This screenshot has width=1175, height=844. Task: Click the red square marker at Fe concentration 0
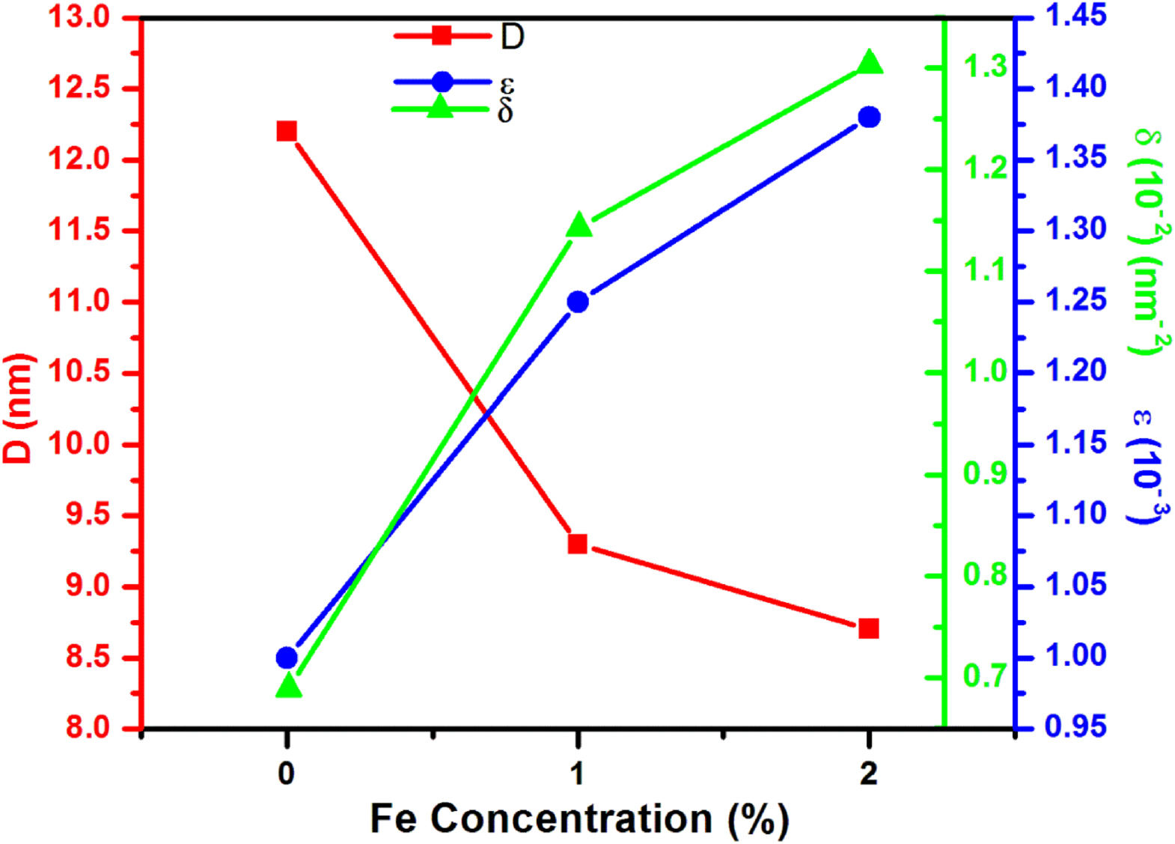click(287, 132)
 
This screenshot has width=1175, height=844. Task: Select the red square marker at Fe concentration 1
click(577, 543)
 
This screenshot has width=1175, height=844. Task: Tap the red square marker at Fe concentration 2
click(868, 628)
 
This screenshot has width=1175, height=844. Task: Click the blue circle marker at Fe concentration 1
click(577, 302)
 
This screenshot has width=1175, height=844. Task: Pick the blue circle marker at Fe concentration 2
click(869, 117)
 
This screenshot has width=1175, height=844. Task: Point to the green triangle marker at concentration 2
click(869, 63)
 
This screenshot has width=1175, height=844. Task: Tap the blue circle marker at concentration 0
click(287, 658)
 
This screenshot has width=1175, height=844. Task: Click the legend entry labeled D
click(512, 36)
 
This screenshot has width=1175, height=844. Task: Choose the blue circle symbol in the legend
click(442, 82)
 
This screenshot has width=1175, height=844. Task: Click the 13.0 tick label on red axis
click(79, 16)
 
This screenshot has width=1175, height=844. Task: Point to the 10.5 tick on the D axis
click(79, 372)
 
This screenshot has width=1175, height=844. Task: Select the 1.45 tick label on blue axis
click(1075, 15)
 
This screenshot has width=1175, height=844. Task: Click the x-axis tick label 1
click(577, 773)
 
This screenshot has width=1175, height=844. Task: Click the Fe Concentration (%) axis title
click(579, 819)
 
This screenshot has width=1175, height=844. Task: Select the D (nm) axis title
click(19, 408)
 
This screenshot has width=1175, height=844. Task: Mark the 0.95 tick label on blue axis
click(1075, 726)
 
